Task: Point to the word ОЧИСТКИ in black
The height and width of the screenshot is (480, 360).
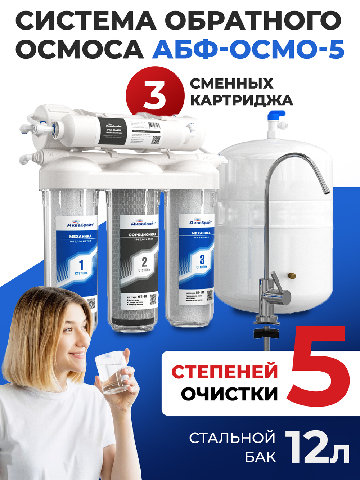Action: [x=229, y=394]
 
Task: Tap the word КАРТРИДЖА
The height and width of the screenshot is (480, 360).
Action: [x=241, y=100]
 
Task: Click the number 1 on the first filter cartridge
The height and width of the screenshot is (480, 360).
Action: [x=81, y=265]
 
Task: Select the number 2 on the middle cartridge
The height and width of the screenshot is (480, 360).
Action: [x=144, y=261]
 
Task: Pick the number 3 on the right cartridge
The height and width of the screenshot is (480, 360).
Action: [x=202, y=259]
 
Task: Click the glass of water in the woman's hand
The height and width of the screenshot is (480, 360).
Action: [x=112, y=373]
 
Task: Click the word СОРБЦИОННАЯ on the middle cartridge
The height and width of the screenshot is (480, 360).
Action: [x=142, y=235]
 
